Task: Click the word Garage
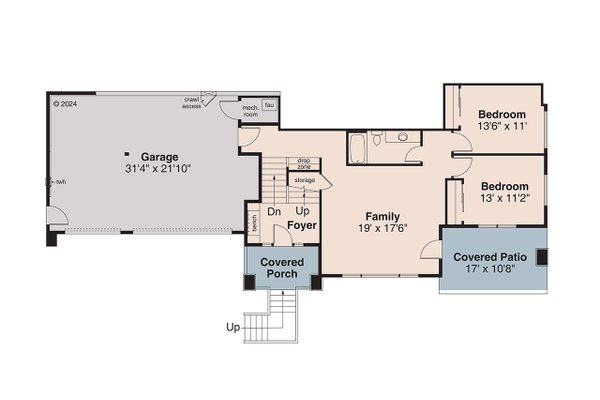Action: (x=159, y=157)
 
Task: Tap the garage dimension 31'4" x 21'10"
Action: (x=159, y=169)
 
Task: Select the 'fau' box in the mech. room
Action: (x=270, y=104)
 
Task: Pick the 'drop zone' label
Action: (x=303, y=163)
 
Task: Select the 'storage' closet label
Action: (x=304, y=180)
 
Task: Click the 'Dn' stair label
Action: (x=273, y=212)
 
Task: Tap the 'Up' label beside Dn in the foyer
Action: (x=302, y=212)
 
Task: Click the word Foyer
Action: (x=302, y=226)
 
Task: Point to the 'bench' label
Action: (x=255, y=224)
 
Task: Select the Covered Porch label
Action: (x=283, y=268)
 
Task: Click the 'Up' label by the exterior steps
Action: (x=233, y=327)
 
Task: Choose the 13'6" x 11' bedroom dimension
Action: (x=503, y=127)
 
